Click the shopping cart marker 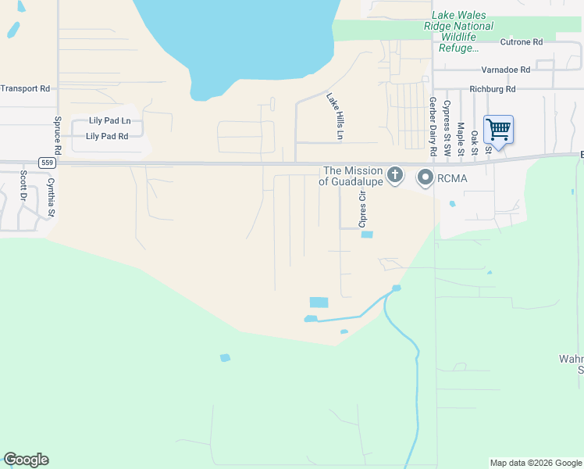click(x=498, y=130)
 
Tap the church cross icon click(x=396, y=175)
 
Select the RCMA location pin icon click(x=426, y=178)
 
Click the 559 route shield click(x=48, y=163)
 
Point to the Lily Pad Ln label click(x=109, y=121)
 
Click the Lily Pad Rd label click(x=107, y=136)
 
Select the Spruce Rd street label click(x=58, y=135)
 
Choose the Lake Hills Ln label click(x=334, y=116)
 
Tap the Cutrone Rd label click(x=521, y=42)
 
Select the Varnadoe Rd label click(x=505, y=70)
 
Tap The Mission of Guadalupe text click(x=353, y=176)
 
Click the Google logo click(x=26, y=460)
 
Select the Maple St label click(x=461, y=135)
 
